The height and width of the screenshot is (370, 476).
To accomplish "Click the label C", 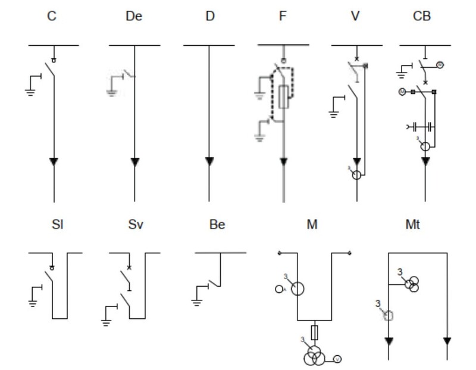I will [x=52, y=16].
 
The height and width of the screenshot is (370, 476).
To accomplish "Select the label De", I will [x=134, y=16].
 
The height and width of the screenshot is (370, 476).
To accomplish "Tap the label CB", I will [x=422, y=16].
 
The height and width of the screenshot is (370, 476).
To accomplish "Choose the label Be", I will [x=217, y=225].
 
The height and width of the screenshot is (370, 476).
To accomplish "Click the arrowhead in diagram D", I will [x=209, y=161].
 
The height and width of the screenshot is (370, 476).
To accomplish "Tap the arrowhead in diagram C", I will [x=54, y=161].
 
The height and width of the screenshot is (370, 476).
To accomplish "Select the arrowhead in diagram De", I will [x=134, y=161].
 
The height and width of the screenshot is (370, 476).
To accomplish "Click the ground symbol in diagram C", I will [x=29, y=91].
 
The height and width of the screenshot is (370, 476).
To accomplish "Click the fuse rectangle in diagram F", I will [x=284, y=95].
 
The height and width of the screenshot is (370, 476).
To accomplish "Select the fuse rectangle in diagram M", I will [x=314, y=331].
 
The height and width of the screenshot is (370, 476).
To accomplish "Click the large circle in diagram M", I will [x=297, y=289].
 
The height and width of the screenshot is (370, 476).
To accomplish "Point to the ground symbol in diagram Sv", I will [x=107, y=322].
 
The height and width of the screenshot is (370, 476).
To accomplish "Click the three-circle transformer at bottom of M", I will [x=314, y=356].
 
